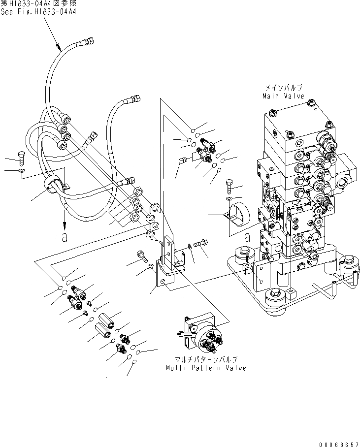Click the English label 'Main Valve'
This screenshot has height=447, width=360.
click(x=283, y=96)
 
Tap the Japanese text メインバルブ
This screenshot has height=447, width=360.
click(x=284, y=88)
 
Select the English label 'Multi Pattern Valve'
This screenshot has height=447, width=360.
click(x=205, y=368)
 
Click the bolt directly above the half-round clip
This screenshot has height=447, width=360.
click(x=229, y=186)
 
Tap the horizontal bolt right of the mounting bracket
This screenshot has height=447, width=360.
click(x=201, y=243)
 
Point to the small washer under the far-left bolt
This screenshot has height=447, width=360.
click(x=20, y=171)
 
